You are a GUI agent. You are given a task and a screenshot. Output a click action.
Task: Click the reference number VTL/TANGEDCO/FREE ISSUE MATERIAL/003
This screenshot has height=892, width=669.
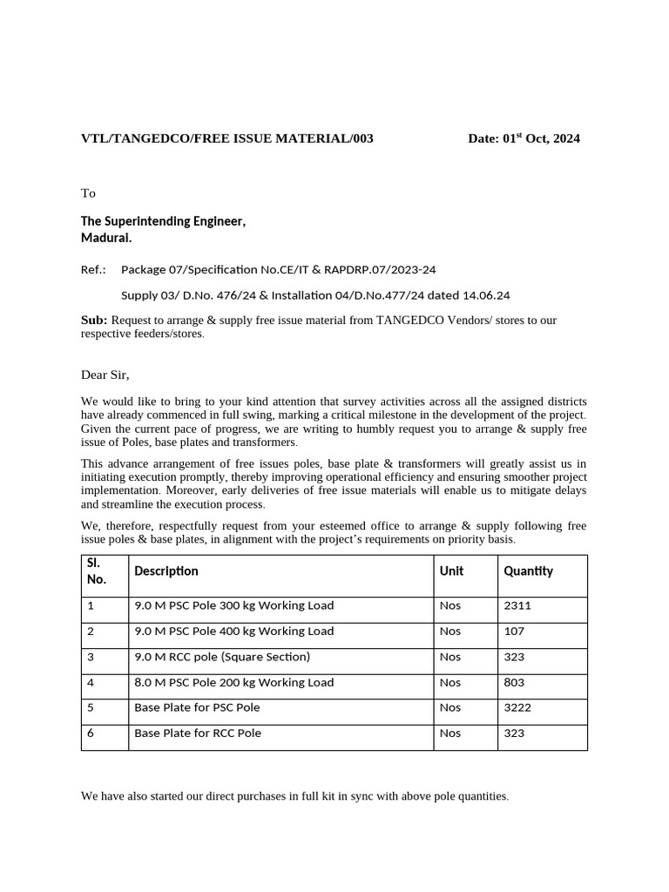point(226,139)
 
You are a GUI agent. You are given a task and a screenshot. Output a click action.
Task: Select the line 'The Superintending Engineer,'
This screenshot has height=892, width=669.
point(163,221)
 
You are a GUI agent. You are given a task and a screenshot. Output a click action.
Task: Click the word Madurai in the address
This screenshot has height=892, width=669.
point(106,238)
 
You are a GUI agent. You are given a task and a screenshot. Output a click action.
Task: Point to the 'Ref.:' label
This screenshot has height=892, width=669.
point(93,270)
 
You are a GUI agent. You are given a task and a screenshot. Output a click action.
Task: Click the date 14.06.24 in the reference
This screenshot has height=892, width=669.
point(489,295)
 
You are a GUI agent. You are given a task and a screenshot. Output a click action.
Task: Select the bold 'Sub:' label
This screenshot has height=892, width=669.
point(94,321)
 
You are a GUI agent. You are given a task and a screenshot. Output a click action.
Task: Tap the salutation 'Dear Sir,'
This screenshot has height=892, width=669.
point(105,375)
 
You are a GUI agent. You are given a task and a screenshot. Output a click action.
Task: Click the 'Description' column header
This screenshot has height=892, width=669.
point(166,571)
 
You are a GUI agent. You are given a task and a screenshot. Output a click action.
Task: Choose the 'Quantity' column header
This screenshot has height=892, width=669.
point(528,571)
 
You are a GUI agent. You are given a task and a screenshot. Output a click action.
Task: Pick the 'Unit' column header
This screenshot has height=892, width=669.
point(451,571)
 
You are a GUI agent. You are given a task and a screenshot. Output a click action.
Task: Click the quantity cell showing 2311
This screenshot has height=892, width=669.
point(517,606)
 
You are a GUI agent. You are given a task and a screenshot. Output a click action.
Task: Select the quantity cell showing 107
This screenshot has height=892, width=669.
point(514,632)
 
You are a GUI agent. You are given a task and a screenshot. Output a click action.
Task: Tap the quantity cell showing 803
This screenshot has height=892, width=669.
point(514,683)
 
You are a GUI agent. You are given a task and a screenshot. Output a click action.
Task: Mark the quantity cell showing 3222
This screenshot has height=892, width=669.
point(517,708)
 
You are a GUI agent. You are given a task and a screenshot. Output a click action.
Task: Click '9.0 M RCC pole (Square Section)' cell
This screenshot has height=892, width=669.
point(221,657)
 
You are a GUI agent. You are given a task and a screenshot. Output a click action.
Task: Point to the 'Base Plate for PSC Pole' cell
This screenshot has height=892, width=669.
point(197,708)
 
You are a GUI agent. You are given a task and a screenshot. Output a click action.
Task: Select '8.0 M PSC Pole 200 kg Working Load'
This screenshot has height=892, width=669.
point(233,683)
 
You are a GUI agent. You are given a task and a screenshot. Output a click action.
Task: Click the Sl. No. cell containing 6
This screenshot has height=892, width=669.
point(91,733)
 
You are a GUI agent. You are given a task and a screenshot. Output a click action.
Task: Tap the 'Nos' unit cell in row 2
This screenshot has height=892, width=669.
point(450,632)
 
